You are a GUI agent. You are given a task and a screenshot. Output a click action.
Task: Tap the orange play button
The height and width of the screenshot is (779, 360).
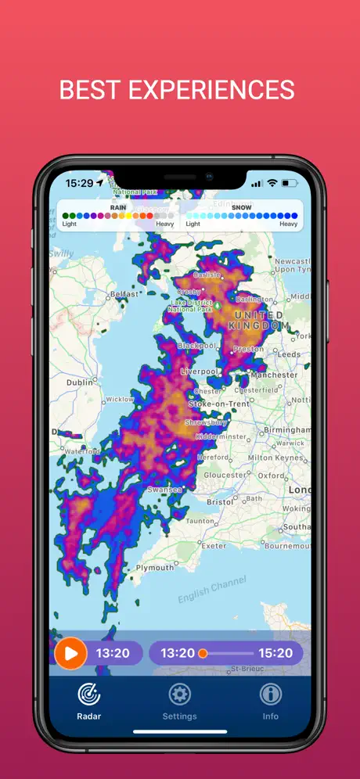pos(70,653)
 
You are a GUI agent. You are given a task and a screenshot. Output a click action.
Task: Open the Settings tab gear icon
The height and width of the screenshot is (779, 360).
pos(180,694)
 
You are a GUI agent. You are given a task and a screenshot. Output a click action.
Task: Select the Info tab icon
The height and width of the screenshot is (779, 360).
pos(271,694)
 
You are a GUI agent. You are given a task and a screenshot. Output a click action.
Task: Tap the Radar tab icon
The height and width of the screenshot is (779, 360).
pos(89,694)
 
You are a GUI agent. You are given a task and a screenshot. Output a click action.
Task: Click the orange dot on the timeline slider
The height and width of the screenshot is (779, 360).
pos(203,653)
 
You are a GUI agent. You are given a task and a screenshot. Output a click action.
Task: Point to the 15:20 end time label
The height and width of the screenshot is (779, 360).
pos(275,653)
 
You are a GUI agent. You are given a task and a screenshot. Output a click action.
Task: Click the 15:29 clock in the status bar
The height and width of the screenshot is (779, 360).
pos(79,183)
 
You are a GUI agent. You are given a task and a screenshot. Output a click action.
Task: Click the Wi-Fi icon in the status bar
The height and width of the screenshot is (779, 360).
pos(272,183)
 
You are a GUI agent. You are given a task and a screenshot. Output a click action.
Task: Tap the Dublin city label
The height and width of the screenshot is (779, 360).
pos(80,382)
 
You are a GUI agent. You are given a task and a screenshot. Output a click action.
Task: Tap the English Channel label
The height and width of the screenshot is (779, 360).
pos(211,589)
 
